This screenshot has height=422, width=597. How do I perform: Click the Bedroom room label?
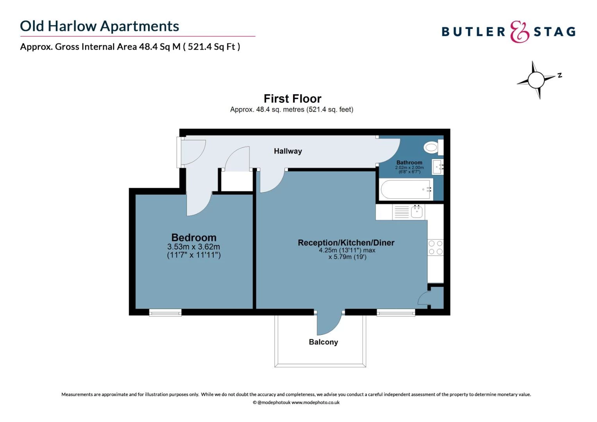click(194, 238)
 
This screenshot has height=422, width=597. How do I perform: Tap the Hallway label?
click(288, 151)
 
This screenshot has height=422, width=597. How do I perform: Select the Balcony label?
click(323, 342)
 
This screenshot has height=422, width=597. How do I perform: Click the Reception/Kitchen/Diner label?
click(346, 243)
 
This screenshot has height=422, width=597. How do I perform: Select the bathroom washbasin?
click(438, 167)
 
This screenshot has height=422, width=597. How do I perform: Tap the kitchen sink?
click(416, 212)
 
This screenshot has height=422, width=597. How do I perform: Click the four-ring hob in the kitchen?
click(435, 248)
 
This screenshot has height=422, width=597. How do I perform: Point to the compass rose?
click(536, 80)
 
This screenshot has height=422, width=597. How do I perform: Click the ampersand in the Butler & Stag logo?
click(519, 32)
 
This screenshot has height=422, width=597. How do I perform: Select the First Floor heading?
click(292, 98)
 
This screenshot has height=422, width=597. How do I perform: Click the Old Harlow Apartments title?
click(100, 26)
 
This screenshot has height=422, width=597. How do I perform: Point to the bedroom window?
click(165, 312)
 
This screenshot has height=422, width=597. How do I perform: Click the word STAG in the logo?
click(554, 32)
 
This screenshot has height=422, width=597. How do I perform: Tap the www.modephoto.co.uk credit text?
click(315, 402)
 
